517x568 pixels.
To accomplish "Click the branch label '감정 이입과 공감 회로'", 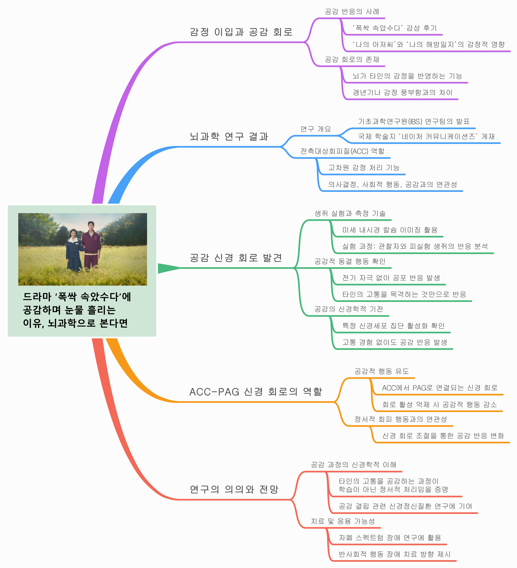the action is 241,32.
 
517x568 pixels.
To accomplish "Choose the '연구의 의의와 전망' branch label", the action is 234,489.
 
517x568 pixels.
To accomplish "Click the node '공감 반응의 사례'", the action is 352,12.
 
